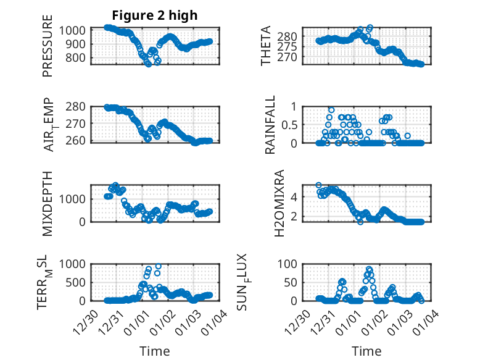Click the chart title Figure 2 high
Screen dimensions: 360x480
(x=154, y=15)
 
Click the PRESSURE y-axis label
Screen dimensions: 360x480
(x=48, y=51)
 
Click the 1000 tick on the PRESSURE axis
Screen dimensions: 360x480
(x=74, y=30)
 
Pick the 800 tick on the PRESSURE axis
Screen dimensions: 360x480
(x=77, y=58)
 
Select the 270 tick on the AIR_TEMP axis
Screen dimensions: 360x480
(x=77, y=124)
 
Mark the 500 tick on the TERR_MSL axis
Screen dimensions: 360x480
(x=77, y=282)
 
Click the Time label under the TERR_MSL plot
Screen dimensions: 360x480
(x=154, y=351)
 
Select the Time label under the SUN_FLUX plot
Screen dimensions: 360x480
(x=366, y=351)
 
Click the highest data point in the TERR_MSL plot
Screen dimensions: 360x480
(x=158, y=266)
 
